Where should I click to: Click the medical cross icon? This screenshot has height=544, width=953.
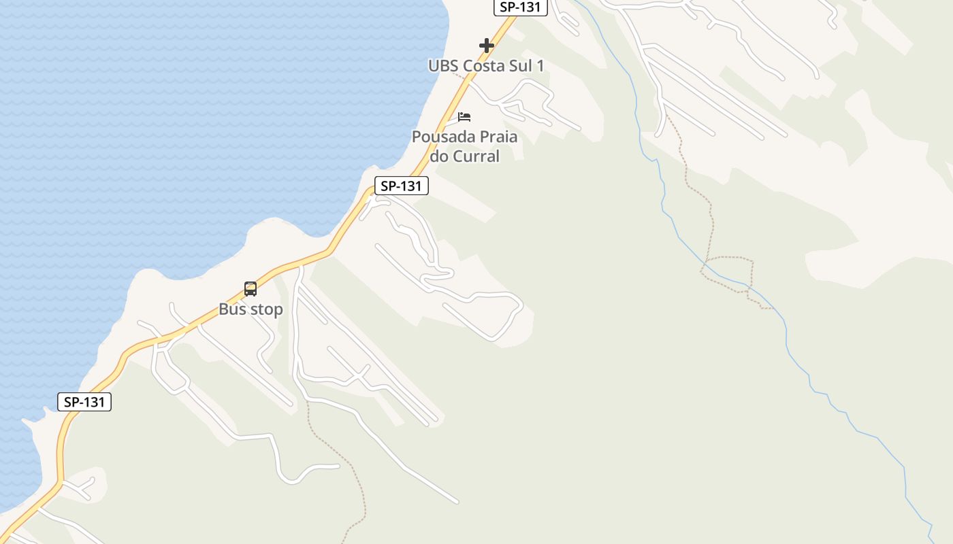click(486, 46)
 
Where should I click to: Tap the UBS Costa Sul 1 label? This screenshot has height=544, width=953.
click(486, 66)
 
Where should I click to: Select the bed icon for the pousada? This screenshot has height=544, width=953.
click(464, 116)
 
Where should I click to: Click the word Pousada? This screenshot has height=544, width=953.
click(436, 137)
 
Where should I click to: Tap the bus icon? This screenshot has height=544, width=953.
click(251, 289)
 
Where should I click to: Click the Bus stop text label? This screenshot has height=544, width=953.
click(251, 309)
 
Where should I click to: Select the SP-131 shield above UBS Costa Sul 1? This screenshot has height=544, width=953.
click(520, 7)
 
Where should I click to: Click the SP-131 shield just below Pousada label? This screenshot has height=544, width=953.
click(402, 186)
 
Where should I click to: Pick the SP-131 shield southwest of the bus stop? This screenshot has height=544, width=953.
click(84, 402)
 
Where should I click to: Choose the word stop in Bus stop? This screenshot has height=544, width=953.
click(266, 309)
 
